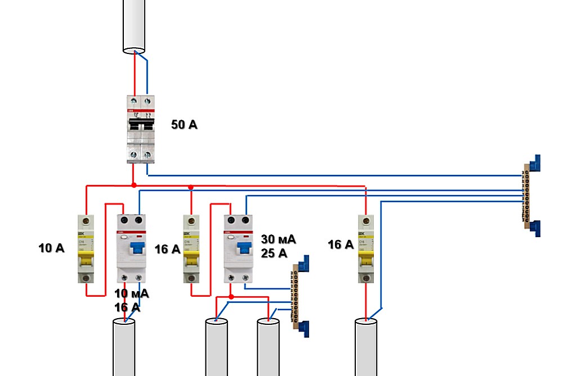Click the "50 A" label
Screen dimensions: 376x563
tap(184, 125)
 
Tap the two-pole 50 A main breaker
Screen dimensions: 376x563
tap(140, 129)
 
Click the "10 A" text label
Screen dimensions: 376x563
tap(51, 248)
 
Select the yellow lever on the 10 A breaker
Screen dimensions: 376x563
tap(86, 260)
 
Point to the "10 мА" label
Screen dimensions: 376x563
tap(132, 293)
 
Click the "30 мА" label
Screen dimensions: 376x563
tap(278, 239)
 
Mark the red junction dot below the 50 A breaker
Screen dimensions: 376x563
tap(133, 185)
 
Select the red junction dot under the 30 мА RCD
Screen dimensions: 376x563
tap(231, 296)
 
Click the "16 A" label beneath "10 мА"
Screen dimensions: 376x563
tap(127, 307)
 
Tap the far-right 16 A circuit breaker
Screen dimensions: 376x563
tap(367, 248)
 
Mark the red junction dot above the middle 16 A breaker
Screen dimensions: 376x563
tap(191, 187)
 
